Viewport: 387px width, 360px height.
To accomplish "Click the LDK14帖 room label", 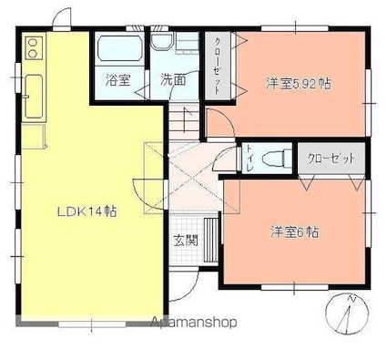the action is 87,211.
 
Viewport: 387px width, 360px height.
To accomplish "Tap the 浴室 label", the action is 118,80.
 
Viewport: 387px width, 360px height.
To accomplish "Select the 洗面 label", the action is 173,80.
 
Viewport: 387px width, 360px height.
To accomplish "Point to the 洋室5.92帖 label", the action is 299,84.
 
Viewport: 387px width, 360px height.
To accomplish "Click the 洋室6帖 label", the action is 294,232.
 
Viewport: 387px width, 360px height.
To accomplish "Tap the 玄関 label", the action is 186,241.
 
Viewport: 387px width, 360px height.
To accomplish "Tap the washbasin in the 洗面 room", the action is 162,41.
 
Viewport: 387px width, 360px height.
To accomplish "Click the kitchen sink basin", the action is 34,97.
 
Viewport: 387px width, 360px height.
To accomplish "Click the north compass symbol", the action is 347,314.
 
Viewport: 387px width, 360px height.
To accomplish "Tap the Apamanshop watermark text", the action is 194,322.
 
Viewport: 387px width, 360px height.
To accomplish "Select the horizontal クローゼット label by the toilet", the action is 331,158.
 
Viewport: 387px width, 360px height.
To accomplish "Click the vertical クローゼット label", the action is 218,66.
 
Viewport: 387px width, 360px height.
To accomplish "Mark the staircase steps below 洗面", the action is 184,122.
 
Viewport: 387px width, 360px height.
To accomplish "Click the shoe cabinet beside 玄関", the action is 209,240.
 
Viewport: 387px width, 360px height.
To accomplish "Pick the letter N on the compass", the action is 351,299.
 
